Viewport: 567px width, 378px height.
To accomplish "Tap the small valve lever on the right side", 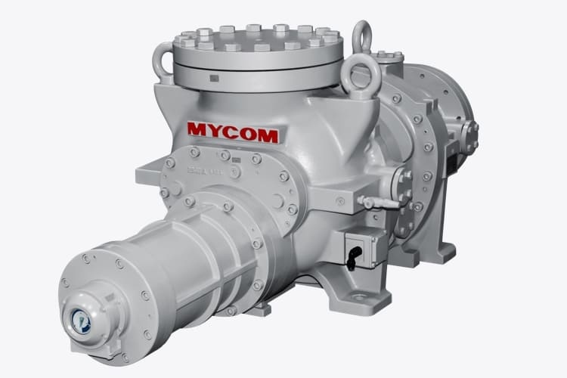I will [369, 202].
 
